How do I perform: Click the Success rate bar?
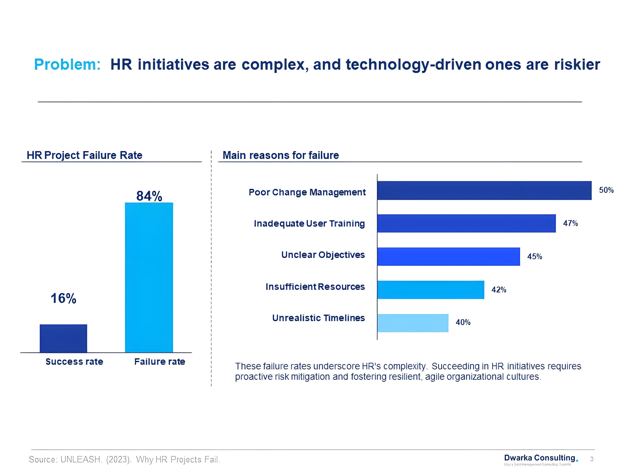pyautogui.click(x=63, y=338)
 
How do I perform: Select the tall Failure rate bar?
pyautogui.click(x=149, y=277)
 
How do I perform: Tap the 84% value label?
pyautogui.click(x=149, y=196)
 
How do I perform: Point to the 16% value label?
pyautogui.click(x=63, y=298)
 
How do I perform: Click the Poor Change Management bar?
pyautogui.click(x=484, y=191)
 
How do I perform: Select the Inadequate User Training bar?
pyautogui.click(x=466, y=223)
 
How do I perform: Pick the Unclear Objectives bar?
pyautogui.click(x=448, y=256)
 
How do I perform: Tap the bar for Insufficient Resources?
pyautogui.click(x=430, y=290)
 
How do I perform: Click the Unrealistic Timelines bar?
pyautogui.click(x=412, y=323)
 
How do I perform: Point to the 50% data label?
pyautogui.click(x=606, y=190)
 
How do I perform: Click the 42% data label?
pyautogui.click(x=499, y=290)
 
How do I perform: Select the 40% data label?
pyautogui.click(x=463, y=322)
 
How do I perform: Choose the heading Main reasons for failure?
pyautogui.click(x=281, y=155)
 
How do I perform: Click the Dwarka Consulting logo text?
pyautogui.click(x=540, y=458)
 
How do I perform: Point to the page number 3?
pyautogui.click(x=592, y=459)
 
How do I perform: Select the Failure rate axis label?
pyautogui.click(x=160, y=362)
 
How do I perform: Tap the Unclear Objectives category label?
pyautogui.click(x=323, y=255)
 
